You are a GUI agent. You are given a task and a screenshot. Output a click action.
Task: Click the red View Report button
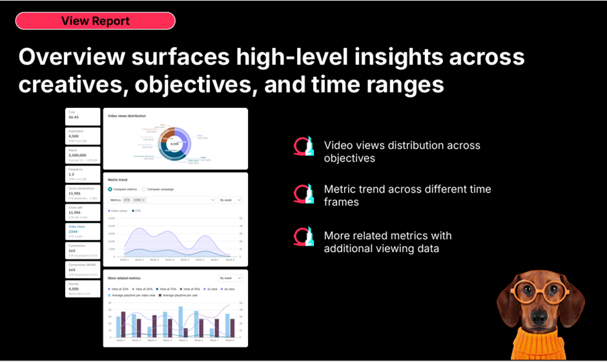[95, 21]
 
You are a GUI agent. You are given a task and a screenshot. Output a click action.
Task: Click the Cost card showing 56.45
[83, 116]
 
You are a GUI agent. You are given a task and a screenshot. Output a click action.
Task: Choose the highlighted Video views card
[83, 230]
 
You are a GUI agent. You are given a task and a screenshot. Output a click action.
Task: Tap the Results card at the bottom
[83, 288]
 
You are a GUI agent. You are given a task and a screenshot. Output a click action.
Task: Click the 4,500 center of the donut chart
[174, 144]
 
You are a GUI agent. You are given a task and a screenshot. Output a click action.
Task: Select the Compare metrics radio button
[110, 189]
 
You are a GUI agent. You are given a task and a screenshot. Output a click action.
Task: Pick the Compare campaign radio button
[144, 189]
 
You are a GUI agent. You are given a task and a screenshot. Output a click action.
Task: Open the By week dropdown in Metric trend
[231, 200]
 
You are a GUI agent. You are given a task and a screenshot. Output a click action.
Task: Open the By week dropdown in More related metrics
[231, 278]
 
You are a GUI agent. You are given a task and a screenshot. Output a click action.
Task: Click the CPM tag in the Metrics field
[138, 200]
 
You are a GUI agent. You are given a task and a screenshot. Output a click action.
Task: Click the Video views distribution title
[127, 116]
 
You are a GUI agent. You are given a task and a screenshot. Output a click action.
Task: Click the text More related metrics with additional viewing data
[387, 242]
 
